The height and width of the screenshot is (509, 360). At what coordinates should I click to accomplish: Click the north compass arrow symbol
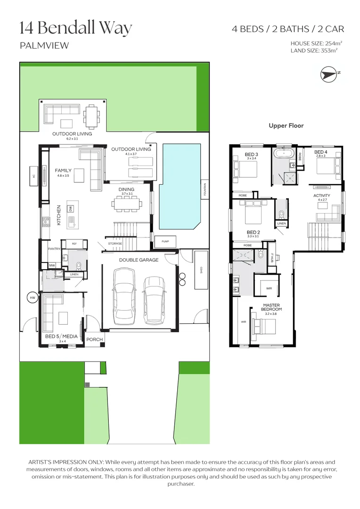click(x=329, y=74)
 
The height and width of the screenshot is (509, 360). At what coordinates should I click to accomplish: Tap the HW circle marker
click(x=33, y=298)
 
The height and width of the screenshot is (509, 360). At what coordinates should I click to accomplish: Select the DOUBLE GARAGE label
click(x=139, y=260)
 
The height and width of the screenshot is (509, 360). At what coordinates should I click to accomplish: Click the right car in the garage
click(x=154, y=300)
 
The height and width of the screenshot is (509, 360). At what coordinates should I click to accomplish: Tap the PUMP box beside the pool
click(x=165, y=242)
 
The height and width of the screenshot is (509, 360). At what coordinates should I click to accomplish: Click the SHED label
click(x=201, y=270)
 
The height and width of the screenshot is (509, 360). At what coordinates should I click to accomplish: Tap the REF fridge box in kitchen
click(x=74, y=244)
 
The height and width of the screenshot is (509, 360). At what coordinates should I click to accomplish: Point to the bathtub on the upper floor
click(x=283, y=154)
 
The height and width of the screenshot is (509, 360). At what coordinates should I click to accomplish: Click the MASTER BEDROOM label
click(x=272, y=307)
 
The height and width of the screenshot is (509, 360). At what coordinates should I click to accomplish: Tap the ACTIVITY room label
click(x=322, y=195)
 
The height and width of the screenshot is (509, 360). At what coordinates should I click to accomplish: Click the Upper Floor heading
click(x=286, y=126)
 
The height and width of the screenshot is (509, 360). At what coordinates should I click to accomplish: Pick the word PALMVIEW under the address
click(x=44, y=46)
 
